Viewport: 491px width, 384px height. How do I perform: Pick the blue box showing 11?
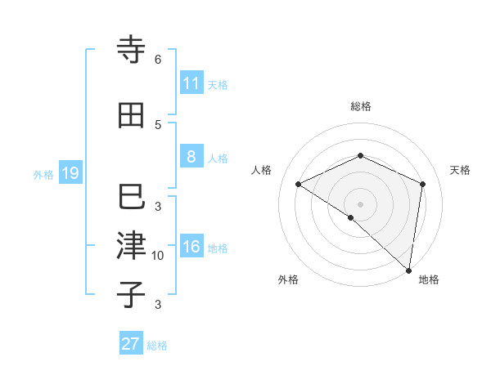(x=191, y=83)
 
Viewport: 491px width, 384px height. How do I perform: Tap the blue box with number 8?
(x=191, y=156)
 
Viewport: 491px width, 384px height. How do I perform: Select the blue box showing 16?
(x=191, y=246)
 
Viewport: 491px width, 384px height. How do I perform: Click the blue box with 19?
(x=70, y=173)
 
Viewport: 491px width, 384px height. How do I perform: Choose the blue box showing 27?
(x=130, y=343)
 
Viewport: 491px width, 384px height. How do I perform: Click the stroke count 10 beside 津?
(x=158, y=256)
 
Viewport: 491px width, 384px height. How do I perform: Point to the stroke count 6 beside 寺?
(x=158, y=60)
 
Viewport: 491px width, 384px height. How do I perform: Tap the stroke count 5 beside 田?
(x=158, y=124)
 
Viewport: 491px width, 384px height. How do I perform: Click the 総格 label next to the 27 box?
(x=157, y=346)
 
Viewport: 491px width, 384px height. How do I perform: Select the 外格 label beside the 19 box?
(x=43, y=175)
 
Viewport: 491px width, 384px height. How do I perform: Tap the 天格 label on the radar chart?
(x=460, y=170)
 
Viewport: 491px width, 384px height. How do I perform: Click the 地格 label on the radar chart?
(x=429, y=279)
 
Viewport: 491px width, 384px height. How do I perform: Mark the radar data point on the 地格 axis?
(x=408, y=270)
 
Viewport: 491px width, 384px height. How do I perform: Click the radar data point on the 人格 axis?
(x=299, y=185)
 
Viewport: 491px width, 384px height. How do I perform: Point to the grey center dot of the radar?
(x=360, y=203)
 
